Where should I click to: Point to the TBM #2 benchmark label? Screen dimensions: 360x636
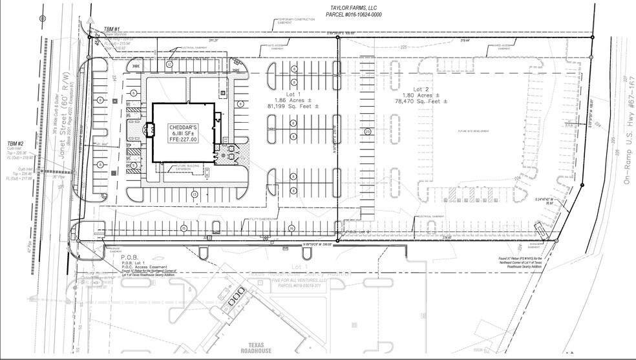(16, 143)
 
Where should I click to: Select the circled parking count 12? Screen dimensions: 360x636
(169, 65)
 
